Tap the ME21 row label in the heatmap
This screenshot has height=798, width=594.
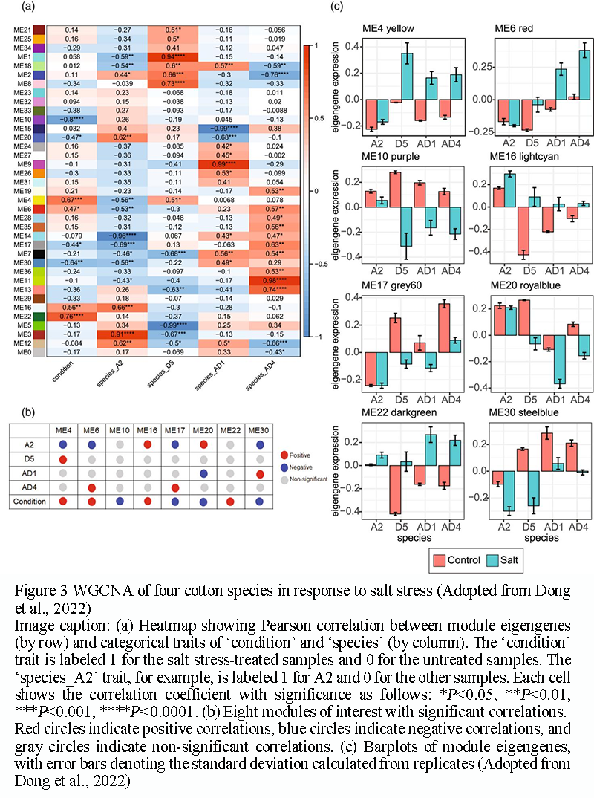pyautogui.click(x=22, y=29)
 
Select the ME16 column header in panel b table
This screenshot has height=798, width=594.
pyautogui.click(x=148, y=429)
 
